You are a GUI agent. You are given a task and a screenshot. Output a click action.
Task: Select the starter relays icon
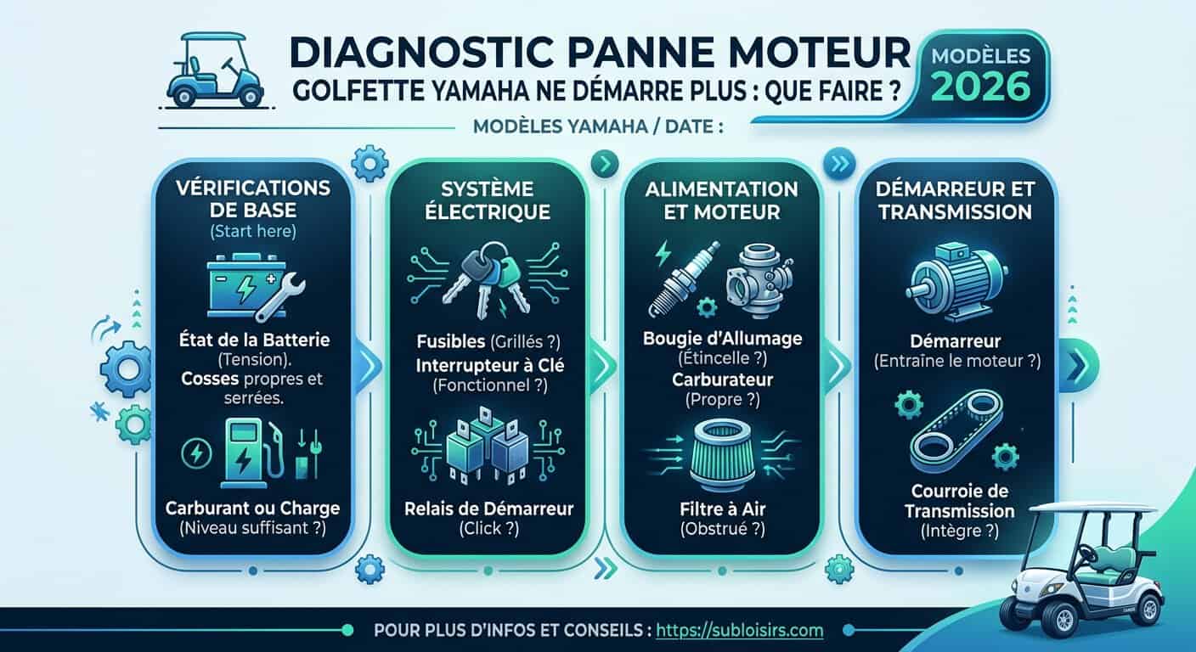pos(486,448)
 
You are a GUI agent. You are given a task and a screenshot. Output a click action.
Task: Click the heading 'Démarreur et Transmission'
pos(955,200)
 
